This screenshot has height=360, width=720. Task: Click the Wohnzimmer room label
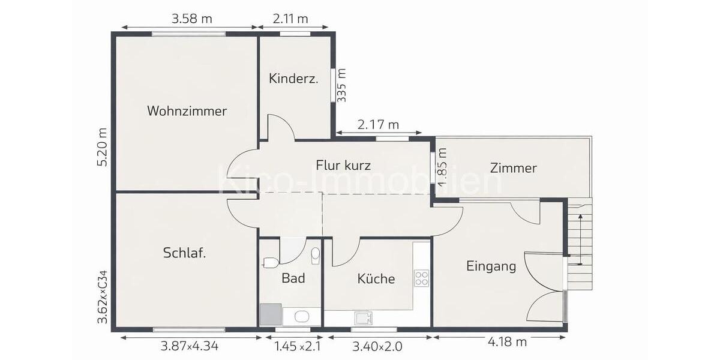187,111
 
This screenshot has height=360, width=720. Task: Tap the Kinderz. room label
293,79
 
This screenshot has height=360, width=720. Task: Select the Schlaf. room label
185,253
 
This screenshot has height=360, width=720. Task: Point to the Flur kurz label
343,165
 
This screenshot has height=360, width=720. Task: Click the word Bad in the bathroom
293,278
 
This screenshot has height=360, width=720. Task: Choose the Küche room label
376,279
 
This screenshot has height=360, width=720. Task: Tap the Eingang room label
491,266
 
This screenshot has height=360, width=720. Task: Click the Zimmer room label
513,168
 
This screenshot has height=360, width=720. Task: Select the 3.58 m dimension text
192,19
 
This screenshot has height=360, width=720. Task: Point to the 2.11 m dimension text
290,19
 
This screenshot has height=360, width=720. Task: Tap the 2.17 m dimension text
378,125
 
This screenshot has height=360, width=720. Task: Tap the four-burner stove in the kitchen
422,278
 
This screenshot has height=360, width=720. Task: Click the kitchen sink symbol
362,317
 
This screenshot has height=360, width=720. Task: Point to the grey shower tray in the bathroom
270,314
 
